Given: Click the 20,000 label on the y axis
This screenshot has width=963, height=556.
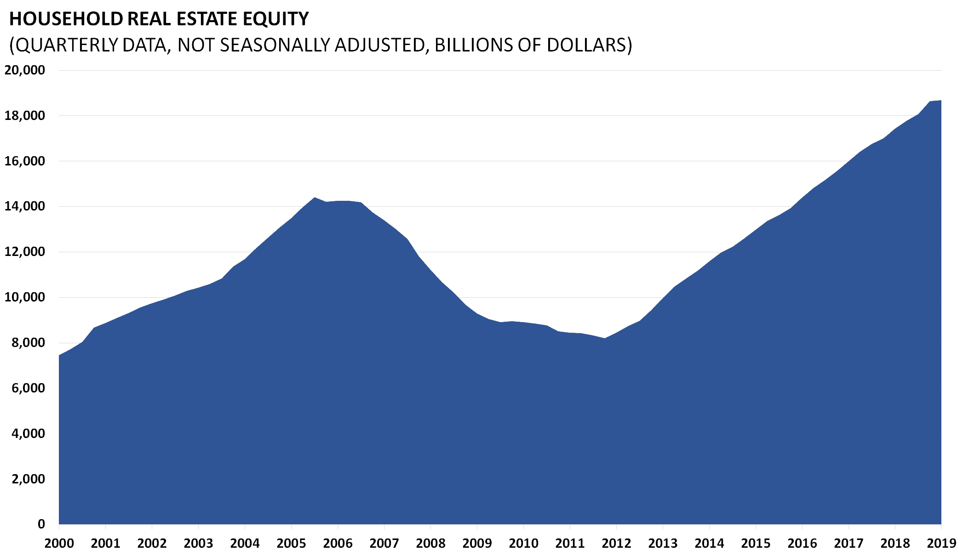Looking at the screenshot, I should click(25, 70).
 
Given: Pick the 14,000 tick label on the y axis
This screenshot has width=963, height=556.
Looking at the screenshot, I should click(25, 206).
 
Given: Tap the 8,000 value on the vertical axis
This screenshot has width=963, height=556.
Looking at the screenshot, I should click(28, 343).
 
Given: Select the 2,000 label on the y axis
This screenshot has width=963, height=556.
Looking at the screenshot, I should click(28, 479).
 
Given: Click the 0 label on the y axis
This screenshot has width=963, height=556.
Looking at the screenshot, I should click(41, 524).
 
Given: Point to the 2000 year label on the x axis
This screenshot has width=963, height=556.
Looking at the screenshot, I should click(59, 544).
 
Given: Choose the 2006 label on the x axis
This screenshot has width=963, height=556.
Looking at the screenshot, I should click(338, 544).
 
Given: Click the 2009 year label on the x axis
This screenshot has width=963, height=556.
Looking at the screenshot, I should click(477, 544).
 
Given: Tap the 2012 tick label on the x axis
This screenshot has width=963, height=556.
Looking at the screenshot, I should click(616, 544).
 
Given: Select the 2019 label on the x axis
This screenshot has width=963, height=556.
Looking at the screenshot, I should click(941, 544).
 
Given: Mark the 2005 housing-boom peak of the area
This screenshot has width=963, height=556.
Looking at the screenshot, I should click(315, 198).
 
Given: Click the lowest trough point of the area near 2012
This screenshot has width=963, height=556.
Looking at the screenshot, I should click(605, 339).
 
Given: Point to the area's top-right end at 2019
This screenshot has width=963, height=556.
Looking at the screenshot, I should click(940, 101).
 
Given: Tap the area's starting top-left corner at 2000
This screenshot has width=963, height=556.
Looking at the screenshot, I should click(59, 355).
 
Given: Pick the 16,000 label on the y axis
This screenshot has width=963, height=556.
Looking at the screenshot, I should click(25, 161).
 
